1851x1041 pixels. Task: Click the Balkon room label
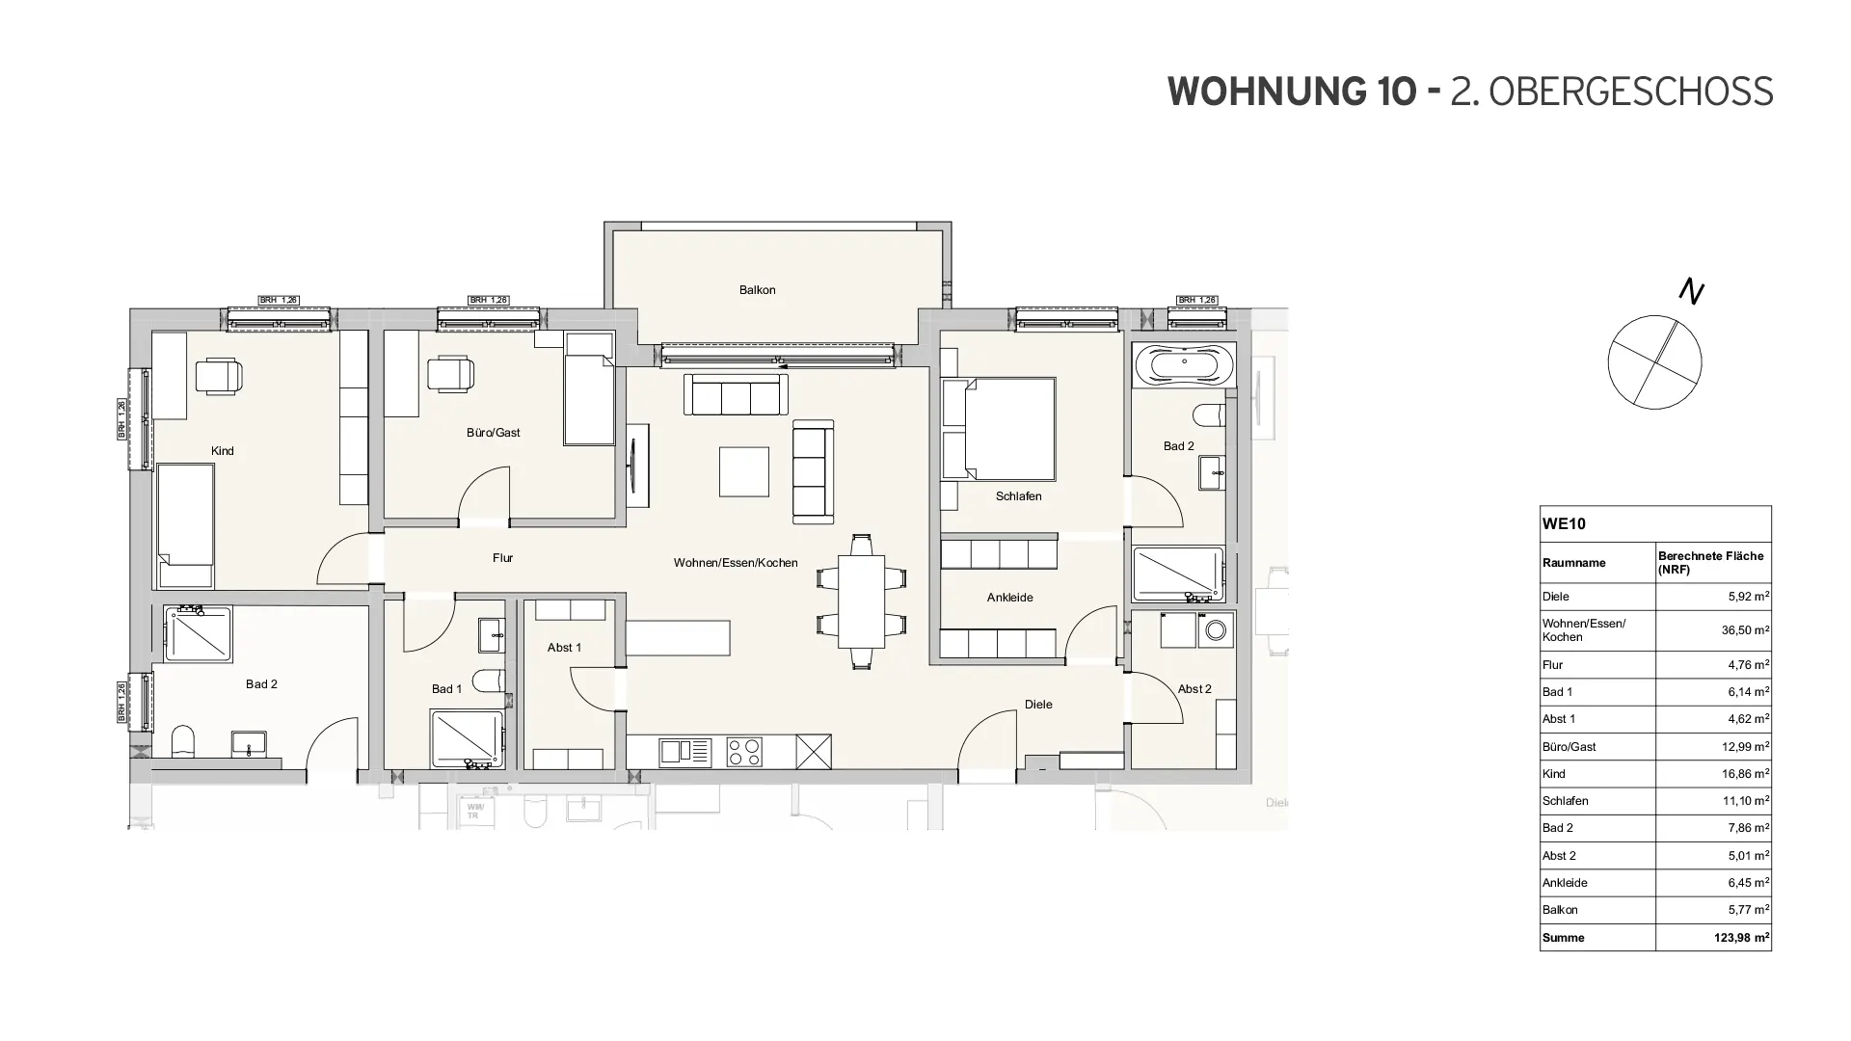(x=757, y=290)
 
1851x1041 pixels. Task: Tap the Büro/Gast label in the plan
(x=493, y=433)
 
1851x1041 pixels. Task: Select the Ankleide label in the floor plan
(x=1009, y=598)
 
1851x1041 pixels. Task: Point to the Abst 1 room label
(x=564, y=648)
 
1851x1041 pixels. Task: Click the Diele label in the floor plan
(x=1038, y=705)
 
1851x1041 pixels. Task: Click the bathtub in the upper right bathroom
(x=1183, y=367)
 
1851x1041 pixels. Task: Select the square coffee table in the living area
(x=744, y=471)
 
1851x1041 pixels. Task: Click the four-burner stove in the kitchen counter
(x=744, y=752)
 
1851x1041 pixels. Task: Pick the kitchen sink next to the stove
(x=684, y=752)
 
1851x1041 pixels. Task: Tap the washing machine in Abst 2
(x=1215, y=630)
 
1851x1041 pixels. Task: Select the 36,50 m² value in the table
(x=1748, y=630)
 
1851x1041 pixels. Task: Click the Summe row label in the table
(x=1563, y=938)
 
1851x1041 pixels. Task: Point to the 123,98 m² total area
(x=1741, y=938)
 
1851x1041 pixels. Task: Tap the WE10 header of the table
(x=1564, y=524)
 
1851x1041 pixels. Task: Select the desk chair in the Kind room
(x=219, y=375)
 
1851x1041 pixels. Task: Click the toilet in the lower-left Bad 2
(x=183, y=742)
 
